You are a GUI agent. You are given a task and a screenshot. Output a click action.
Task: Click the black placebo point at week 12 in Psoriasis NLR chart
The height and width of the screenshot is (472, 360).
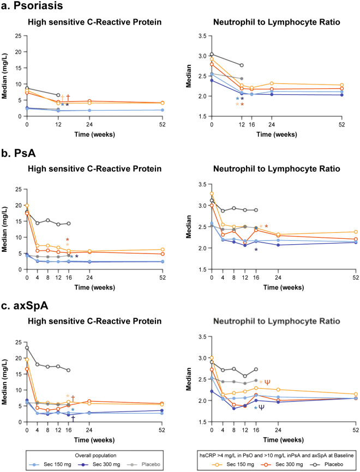pyautogui.click(x=242, y=65)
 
